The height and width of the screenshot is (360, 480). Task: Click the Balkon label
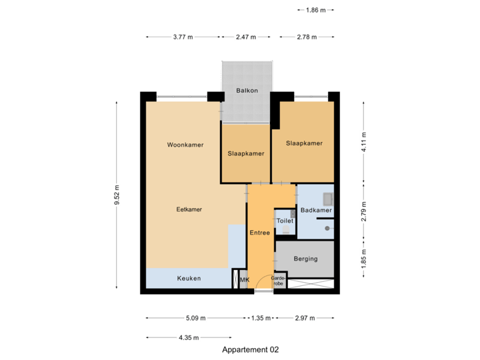[247, 91]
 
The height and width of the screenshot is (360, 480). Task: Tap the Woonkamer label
[185, 145]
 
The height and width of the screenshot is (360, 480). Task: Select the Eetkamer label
[189, 209]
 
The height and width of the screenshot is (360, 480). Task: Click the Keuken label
[189, 278]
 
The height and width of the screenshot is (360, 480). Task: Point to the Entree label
[259, 233]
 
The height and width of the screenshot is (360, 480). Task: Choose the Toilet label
[285, 220]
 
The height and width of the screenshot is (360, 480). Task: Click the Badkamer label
[316, 211]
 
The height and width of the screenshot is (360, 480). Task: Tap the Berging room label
[305, 259]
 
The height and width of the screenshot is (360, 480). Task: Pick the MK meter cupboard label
[244, 280]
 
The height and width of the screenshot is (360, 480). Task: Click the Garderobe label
[279, 281]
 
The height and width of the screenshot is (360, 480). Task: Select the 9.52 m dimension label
[117, 195]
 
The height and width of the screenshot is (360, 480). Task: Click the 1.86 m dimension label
[315, 10]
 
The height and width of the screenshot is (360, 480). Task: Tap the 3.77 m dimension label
[183, 37]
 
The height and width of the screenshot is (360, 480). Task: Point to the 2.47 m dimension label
[246, 37]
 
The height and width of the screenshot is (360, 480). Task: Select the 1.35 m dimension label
[261, 318]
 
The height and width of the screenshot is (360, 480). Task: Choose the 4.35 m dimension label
[189, 338]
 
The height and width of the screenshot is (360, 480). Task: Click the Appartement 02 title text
[251, 349]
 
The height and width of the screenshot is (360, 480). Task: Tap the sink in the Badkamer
[327, 198]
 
